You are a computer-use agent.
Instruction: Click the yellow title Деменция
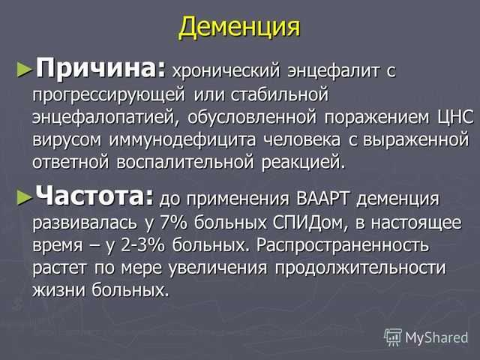[x=239, y=27]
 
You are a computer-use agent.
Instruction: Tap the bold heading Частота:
[x=94, y=196]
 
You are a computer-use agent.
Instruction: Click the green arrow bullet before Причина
[x=25, y=70]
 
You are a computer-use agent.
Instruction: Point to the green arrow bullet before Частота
[x=25, y=197]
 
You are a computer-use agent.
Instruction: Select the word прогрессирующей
[x=109, y=95]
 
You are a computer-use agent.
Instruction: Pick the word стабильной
[x=279, y=94]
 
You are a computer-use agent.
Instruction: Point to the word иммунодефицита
[x=182, y=140]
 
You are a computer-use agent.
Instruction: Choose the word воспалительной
[x=185, y=162]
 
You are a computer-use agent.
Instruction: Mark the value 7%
[x=173, y=223]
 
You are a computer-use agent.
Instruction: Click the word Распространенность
[x=343, y=245]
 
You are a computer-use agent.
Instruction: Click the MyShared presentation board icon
[x=393, y=337]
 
